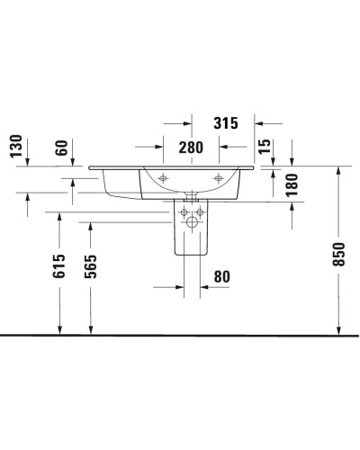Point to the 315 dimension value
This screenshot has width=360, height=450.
pos(223,123)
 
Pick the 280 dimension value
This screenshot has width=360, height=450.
pos(190,147)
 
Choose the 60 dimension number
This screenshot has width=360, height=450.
pos(61,147)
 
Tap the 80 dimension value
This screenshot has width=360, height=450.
pos(220,278)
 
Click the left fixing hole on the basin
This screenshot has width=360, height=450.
pos(163,179)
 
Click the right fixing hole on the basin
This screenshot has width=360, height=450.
pos(216,179)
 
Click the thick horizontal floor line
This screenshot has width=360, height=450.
pos(180,335)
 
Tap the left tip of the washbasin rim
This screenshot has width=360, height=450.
pos(89,166)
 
